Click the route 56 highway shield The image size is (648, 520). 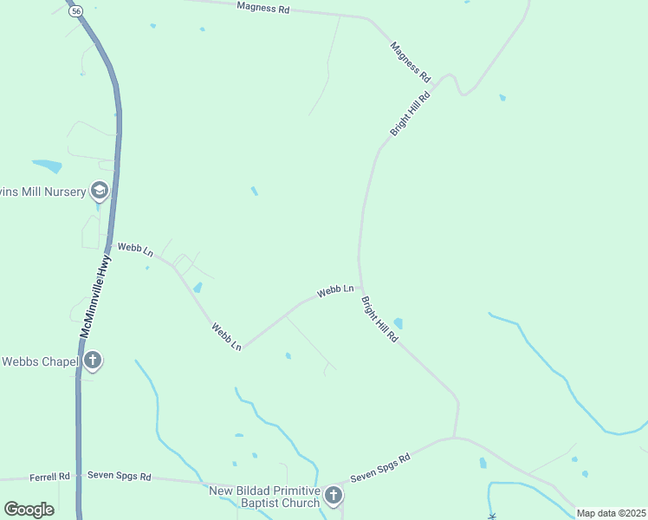(76, 10)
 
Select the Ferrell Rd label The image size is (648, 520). (49, 477)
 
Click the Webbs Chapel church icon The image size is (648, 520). (93, 361)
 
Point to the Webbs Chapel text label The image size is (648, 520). (38, 361)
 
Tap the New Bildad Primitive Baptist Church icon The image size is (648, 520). (334, 496)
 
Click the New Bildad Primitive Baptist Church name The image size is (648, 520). (265, 497)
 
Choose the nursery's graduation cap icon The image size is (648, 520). (100, 191)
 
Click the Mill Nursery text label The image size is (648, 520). (43, 191)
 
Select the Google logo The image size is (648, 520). (29, 510)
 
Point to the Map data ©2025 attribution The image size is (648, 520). (612, 513)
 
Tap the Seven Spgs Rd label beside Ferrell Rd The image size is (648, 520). (120, 477)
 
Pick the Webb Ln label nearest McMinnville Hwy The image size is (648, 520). (135, 249)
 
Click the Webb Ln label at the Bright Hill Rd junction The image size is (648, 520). (335, 291)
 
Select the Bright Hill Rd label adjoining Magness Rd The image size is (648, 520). (410, 111)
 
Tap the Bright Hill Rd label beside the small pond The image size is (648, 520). (379, 319)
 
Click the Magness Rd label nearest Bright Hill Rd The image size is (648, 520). (410, 61)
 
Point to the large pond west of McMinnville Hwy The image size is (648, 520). (47, 166)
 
